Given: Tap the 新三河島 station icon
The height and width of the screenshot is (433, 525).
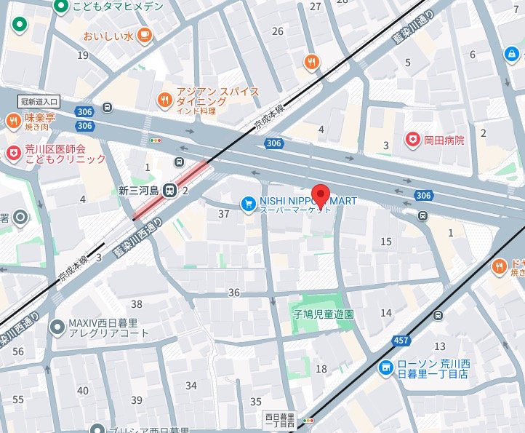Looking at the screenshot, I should (169, 191).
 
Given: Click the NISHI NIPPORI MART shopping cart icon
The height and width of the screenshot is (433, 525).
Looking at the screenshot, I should (249, 204).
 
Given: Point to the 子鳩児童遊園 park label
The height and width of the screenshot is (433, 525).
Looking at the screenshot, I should (324, 315).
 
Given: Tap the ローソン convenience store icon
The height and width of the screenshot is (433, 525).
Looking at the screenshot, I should (385, 368).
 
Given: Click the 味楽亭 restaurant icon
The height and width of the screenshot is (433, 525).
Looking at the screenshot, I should (13, 121).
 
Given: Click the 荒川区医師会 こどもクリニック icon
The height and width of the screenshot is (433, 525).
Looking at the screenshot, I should (13, 153).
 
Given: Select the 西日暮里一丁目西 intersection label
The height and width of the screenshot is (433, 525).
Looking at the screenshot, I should (280, 420).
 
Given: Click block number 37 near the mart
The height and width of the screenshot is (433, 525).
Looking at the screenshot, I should (224, 213).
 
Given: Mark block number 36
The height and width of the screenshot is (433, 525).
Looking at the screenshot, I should (233, 293).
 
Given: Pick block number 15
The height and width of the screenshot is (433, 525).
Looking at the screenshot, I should (386, 242).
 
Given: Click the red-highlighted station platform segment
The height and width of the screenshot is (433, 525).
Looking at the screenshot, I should (172, 190).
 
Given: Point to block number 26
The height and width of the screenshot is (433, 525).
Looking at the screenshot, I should (277, 31).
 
